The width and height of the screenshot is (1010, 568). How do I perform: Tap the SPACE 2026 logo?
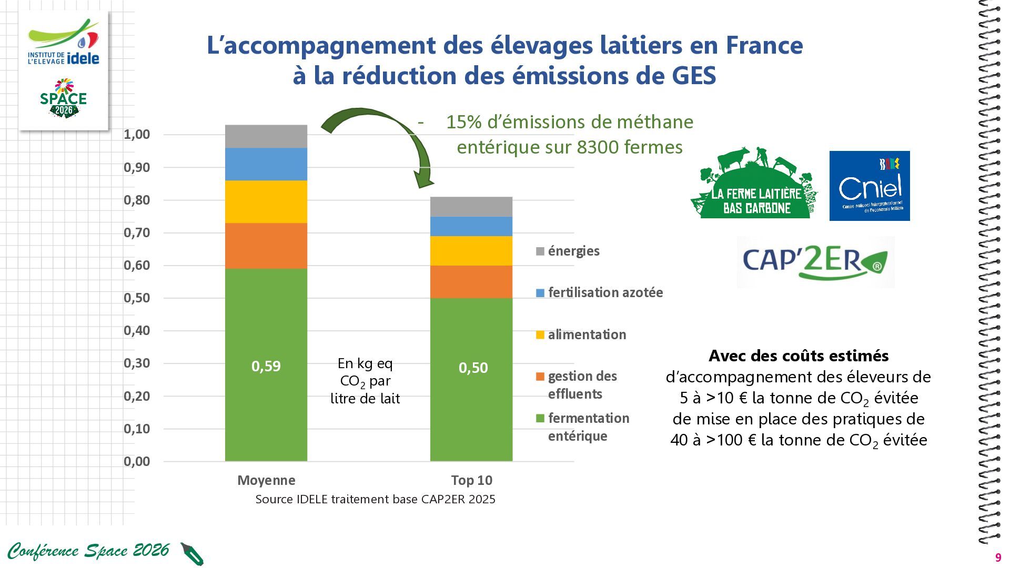tap(64, 98)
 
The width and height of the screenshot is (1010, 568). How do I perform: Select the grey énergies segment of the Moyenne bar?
tap(266, 136)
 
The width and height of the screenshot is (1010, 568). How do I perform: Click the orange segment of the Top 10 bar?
tap(471, 282)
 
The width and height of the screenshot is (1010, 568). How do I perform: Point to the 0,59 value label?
tap(266, 366)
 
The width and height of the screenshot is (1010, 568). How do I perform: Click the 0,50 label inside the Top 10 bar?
tap(473, 368)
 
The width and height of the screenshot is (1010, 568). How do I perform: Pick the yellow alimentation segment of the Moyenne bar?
tap(266, 202)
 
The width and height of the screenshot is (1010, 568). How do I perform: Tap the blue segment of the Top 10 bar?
tap(471, 226)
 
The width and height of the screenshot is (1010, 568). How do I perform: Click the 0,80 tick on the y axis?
tap(137, 200)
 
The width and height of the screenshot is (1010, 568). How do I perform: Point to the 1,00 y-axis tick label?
tap(137, 134)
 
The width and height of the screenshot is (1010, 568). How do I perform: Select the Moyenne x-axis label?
tap(266, 480)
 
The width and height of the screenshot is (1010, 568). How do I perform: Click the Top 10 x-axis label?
tap(472, 480)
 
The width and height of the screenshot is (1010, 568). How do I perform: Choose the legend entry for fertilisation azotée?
tap(600, 292)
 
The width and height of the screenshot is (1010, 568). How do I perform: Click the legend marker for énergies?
tap(540, 251)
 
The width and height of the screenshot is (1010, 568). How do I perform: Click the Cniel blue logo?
tap(870, 186)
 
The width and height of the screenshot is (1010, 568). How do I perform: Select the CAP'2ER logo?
tap(815, 261)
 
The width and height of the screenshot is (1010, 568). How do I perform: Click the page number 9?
tap(998, 558)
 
